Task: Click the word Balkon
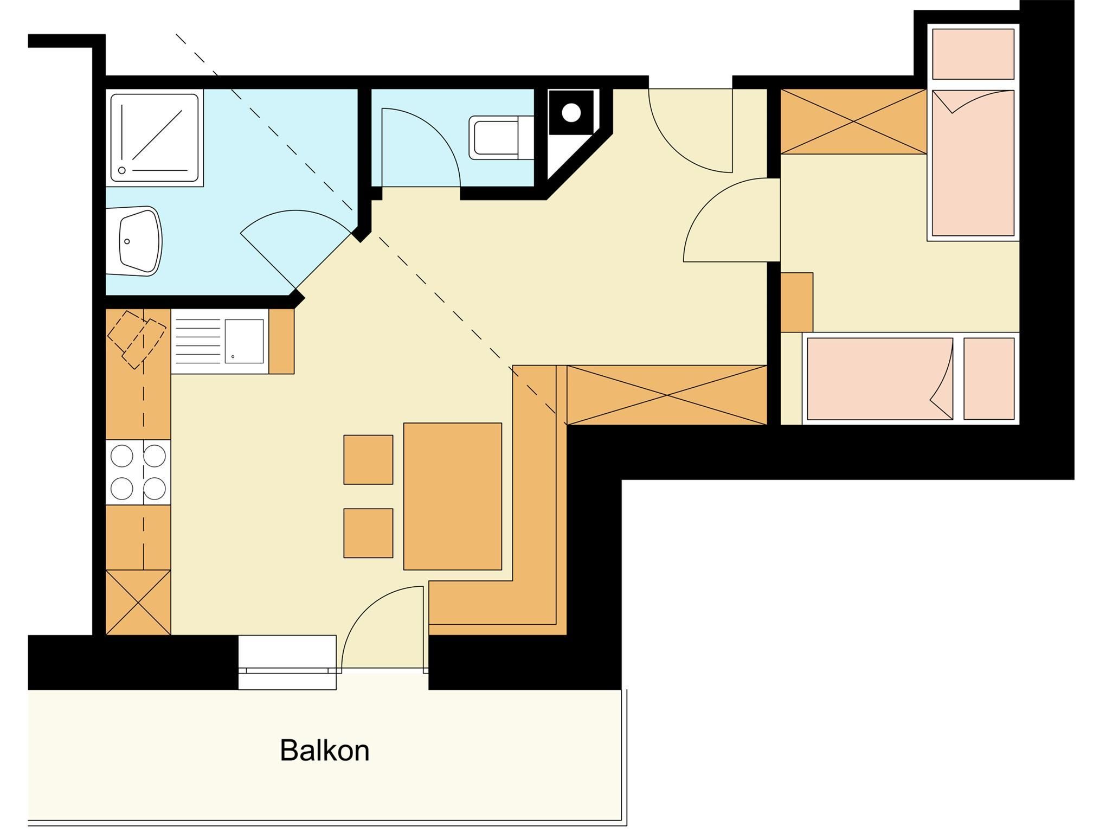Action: [325, 751]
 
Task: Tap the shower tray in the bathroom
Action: [154, 138]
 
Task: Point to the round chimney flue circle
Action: [571, 113]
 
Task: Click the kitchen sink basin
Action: [245, 341]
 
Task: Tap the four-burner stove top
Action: [138, 472]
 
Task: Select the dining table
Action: [453, 496]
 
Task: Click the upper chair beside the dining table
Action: [368, 459]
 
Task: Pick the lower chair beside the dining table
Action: [368, 533]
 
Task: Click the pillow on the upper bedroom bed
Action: [973, 54]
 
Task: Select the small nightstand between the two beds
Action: [796, 302]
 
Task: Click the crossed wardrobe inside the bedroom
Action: [853, 121]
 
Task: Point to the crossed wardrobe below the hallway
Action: [667, 395]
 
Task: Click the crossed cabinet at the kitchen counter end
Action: [138, 602]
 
